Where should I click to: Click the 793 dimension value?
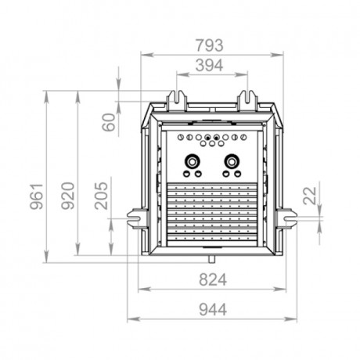point(210,45)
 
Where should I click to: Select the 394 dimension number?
point(210,65)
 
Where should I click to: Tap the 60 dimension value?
point(109,122)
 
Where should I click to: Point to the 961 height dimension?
point(36,196)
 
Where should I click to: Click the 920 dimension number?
point(68,196)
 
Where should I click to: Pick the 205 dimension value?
point(101,196)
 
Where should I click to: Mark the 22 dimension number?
point(310,196)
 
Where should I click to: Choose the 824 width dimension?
point(213,279)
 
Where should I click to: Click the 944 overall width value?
point(213,310)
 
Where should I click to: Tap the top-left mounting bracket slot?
point(177,100)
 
